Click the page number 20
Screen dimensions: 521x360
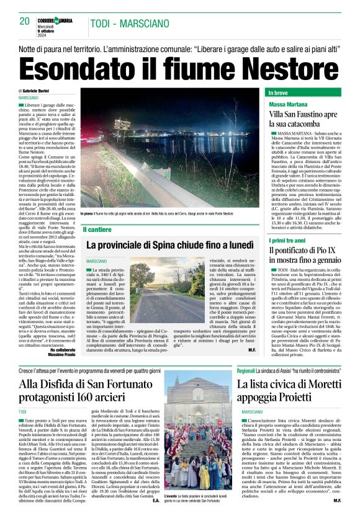pos(25,21)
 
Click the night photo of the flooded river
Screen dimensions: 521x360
pos(169,149)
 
